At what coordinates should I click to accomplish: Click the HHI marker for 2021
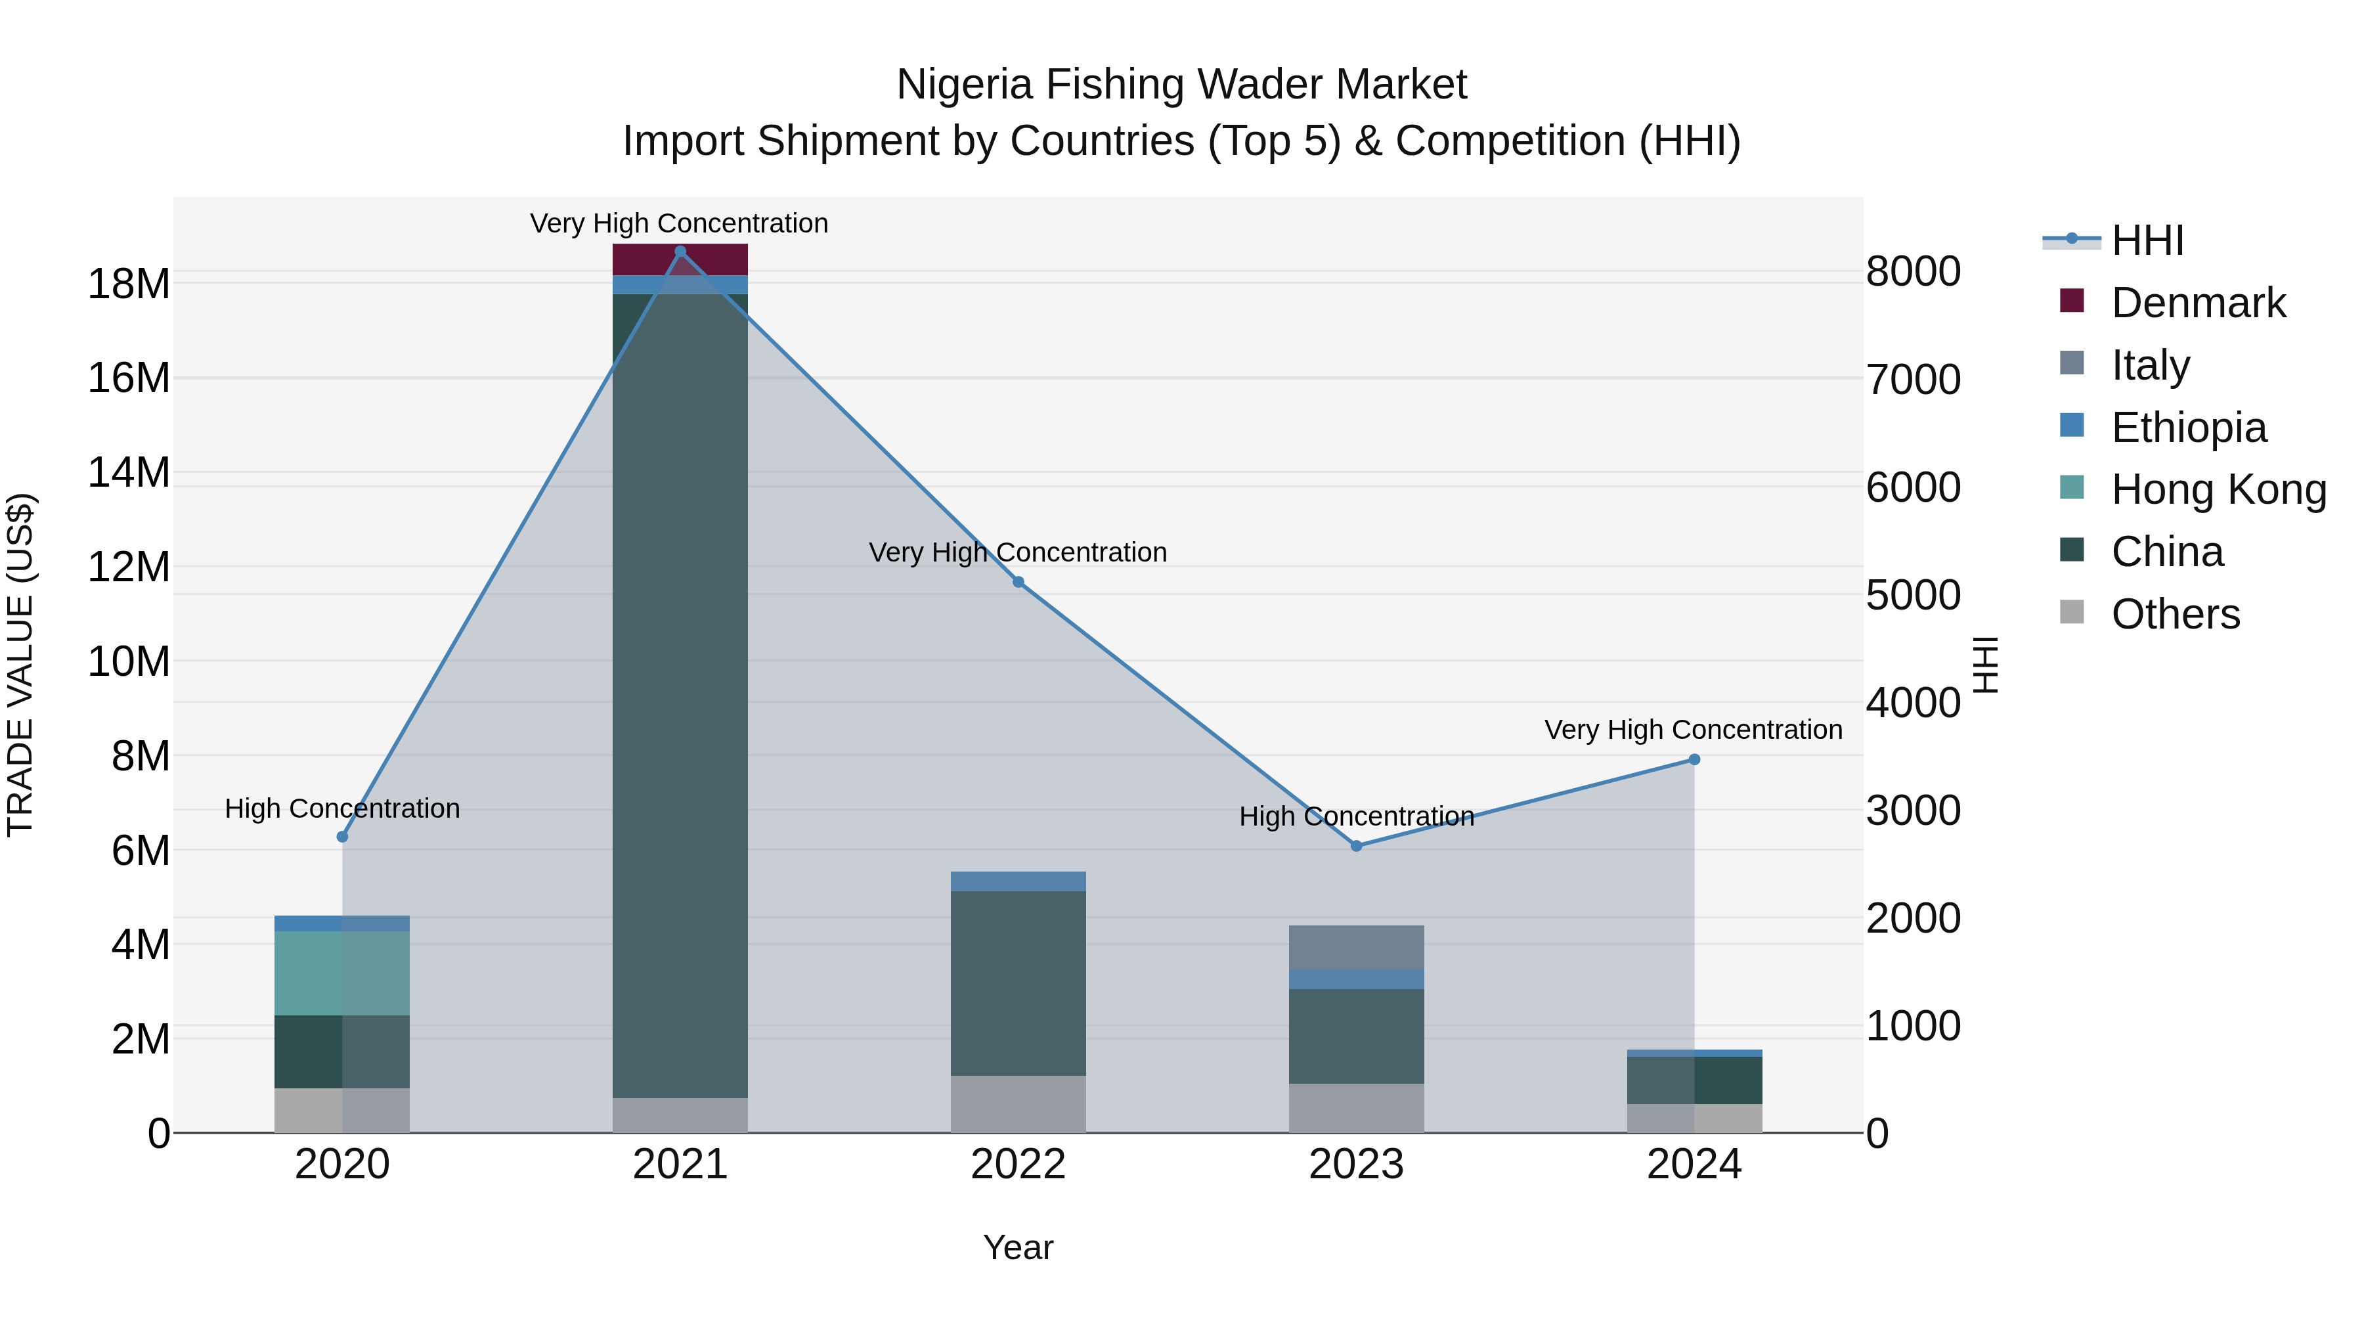click(680, 252)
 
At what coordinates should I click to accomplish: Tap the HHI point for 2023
click(1357, 845)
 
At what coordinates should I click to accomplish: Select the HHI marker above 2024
click(1694, 759)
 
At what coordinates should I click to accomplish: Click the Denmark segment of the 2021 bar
click(680, 259)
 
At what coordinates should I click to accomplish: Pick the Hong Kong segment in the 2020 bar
click(341, 973)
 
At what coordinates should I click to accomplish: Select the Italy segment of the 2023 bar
click(1357, 947)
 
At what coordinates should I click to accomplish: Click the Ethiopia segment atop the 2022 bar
click(1018, 881)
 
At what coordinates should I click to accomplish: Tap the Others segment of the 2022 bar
click(1018, 1103)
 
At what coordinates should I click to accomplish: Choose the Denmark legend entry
click(2197, 303)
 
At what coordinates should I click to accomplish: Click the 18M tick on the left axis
click(129, 284)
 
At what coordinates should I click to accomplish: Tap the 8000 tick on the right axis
click(1914, 272)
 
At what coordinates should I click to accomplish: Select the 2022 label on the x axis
click(1018, 1164)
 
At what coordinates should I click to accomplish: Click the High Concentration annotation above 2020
click(342, 809)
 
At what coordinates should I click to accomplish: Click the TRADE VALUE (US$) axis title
click(20, 665)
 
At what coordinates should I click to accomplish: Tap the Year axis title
click(1018, 1247)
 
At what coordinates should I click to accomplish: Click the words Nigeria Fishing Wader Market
click(1181, 85)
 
